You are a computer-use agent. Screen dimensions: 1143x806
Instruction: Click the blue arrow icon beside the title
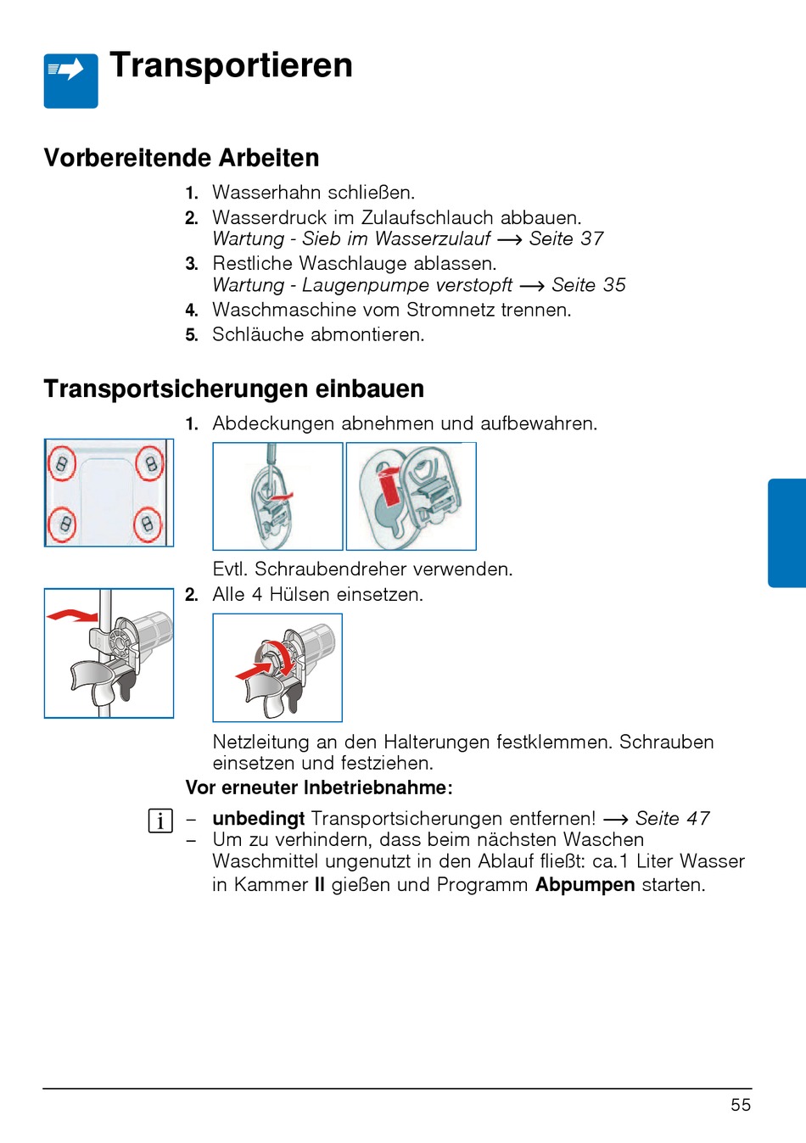coord(70,80)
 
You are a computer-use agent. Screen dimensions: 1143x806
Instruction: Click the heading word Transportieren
coord(231,65)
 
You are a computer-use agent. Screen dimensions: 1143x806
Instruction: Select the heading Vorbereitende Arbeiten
coord(182,158)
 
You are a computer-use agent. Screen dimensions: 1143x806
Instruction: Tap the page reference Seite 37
coord(566,239)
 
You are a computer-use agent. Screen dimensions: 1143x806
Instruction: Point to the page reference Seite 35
coord(588,285)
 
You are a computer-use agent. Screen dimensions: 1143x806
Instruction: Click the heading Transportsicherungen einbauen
coord(233,389)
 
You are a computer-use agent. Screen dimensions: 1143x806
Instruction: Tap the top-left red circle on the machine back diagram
coord(62,463)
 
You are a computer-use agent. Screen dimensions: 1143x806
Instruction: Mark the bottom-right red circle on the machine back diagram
coord(148,524)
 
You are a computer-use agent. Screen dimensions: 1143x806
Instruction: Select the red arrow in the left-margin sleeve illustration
coord(71,614)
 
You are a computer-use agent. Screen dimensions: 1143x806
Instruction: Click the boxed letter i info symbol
coord(160,821)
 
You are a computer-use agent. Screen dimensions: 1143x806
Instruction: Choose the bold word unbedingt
coord(258,819)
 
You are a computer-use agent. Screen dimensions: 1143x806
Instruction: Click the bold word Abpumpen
coord(585,885)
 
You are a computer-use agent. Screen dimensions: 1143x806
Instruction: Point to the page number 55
coord(741,1105)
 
